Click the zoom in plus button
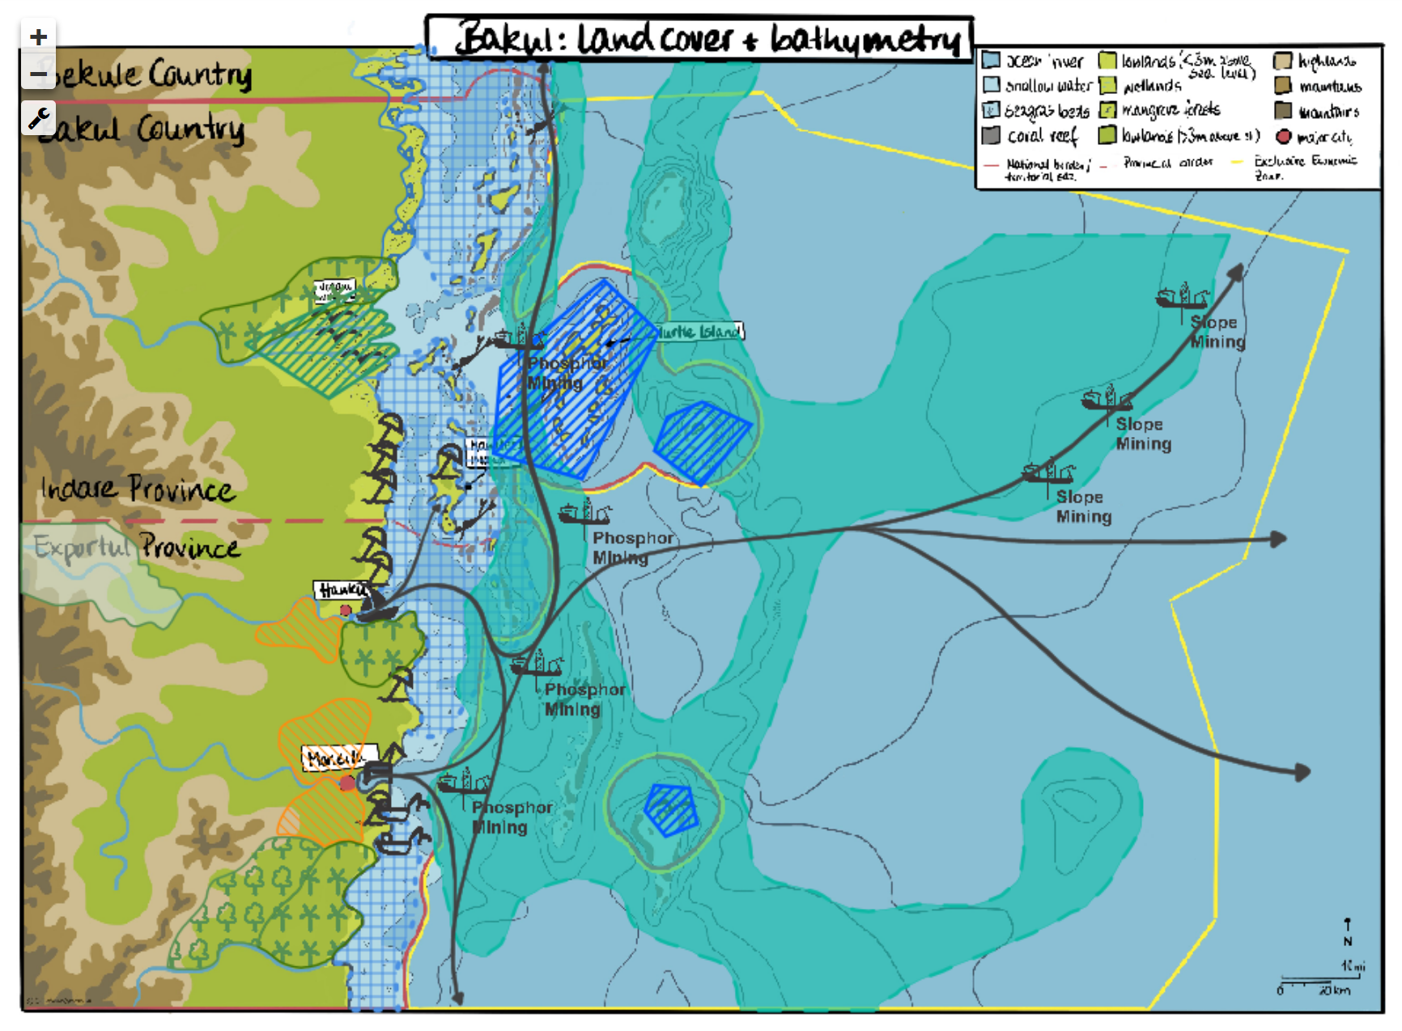[38, 37]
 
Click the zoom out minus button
[38, 74]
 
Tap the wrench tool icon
[38, 118]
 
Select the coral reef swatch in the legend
[991, 135]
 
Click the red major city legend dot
[1283, 136]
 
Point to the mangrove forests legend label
[1170, 109]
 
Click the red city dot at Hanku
[346, 610]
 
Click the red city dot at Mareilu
[346, 783]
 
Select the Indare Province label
[138, 489]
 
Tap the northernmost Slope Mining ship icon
[1182, 297]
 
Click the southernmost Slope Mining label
[1083, 507]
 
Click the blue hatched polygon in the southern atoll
[670, 808]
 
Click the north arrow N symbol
[1347, 932]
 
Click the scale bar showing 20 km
[1315, 984]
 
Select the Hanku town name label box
[341, 590]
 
